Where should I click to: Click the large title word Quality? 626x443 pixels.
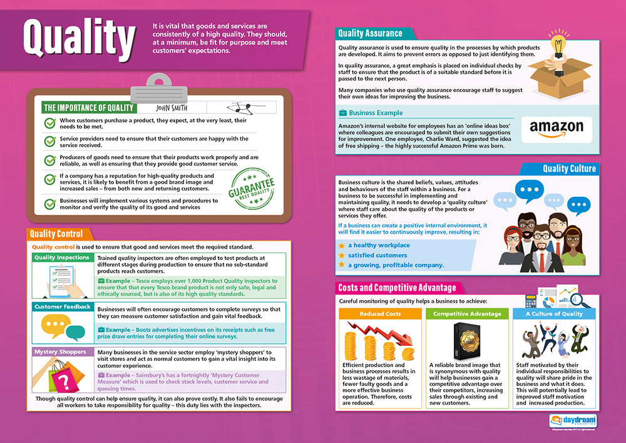pos(79,39)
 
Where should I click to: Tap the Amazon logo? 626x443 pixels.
pos(556,128)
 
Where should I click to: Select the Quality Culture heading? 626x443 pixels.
pos(569,169)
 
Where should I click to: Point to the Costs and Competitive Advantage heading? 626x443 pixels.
pos(397,288)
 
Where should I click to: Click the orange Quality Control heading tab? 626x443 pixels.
pos(56,234)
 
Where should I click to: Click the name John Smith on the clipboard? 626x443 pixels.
pos(171,108)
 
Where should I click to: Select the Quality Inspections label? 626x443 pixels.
pos(61,258)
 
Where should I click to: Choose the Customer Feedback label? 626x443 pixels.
pos(63,307)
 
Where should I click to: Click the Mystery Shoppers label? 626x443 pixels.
pos(60,352)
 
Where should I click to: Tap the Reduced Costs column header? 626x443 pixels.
pos(380,314)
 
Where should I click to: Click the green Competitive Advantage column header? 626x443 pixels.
pos(467,314)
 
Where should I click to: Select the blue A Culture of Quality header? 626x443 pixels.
pos(553,314)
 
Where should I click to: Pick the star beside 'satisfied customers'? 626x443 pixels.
pos(341,256)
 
